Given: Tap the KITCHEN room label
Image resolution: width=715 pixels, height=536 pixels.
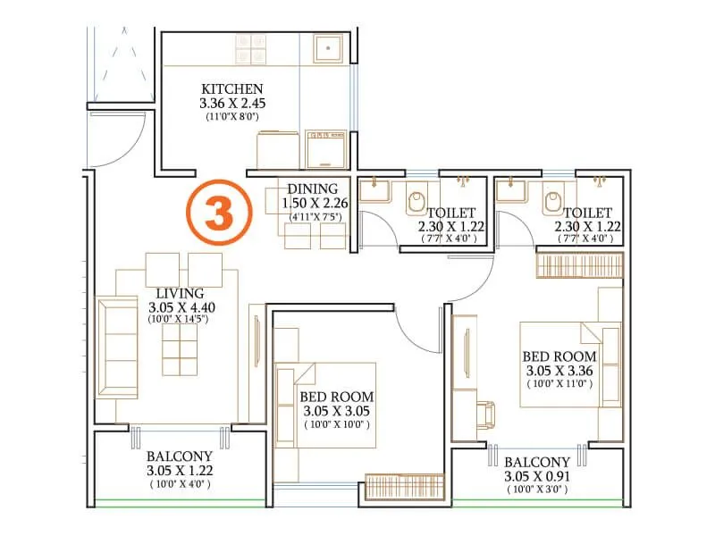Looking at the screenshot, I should pos(232,89).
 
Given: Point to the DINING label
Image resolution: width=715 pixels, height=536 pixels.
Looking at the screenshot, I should pos(312,188).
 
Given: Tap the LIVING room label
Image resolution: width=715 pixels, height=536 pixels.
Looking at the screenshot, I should pos(179,293).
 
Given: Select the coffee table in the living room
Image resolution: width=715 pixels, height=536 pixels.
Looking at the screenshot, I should pos(180,349).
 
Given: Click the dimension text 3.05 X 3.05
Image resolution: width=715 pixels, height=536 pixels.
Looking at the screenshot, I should pos(337,411).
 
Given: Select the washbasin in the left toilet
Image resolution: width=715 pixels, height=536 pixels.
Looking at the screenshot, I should pos(374,190).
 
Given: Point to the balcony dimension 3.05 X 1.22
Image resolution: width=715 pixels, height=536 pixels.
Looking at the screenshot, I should pos(179,470).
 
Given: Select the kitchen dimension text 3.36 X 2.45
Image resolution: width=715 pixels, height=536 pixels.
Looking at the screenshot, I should pos(232,104).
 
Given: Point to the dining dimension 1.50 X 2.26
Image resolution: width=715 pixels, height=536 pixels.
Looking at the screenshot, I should pos(312,203).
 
